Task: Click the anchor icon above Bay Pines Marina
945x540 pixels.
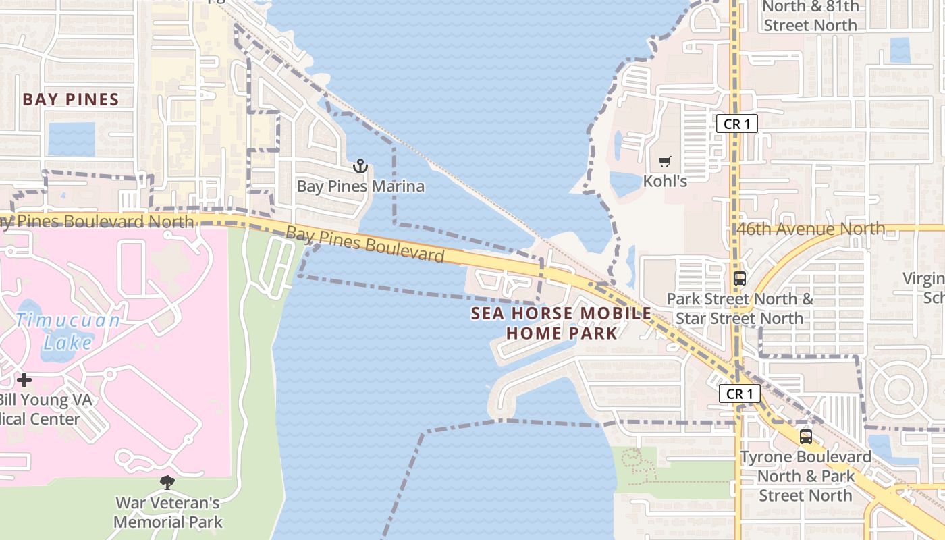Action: (x=360, y=166)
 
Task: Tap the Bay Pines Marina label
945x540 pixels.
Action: (x=360, y=186)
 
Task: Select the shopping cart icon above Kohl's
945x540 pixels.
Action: (x=665, y=162)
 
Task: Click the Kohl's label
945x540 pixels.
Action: (x=665, y=181)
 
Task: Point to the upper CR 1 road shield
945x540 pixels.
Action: (x=736, y=124)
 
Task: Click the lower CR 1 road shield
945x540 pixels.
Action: (x=739, y=394)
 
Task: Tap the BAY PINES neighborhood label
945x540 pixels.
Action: (x=71, y=99)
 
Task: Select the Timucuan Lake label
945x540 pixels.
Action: (x=67, y=331)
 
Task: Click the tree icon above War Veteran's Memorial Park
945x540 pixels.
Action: (x=167, y=482)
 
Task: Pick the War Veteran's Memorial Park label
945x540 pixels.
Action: (x=167, y=512)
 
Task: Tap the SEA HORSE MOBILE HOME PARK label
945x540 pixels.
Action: (x=562, y=323)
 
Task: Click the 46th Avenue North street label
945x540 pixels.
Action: (x=810, y=229)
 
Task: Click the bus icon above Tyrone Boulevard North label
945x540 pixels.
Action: (x=805, y=437)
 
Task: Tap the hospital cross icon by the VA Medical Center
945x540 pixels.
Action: (x=24, y=380)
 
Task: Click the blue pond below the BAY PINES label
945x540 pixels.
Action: (x=72, y=138)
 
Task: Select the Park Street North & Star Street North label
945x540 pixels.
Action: (x=740, y=308)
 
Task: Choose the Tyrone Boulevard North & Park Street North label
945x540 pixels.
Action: (x=805, y=476)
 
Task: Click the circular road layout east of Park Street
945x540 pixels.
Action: (x=899, y=389)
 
